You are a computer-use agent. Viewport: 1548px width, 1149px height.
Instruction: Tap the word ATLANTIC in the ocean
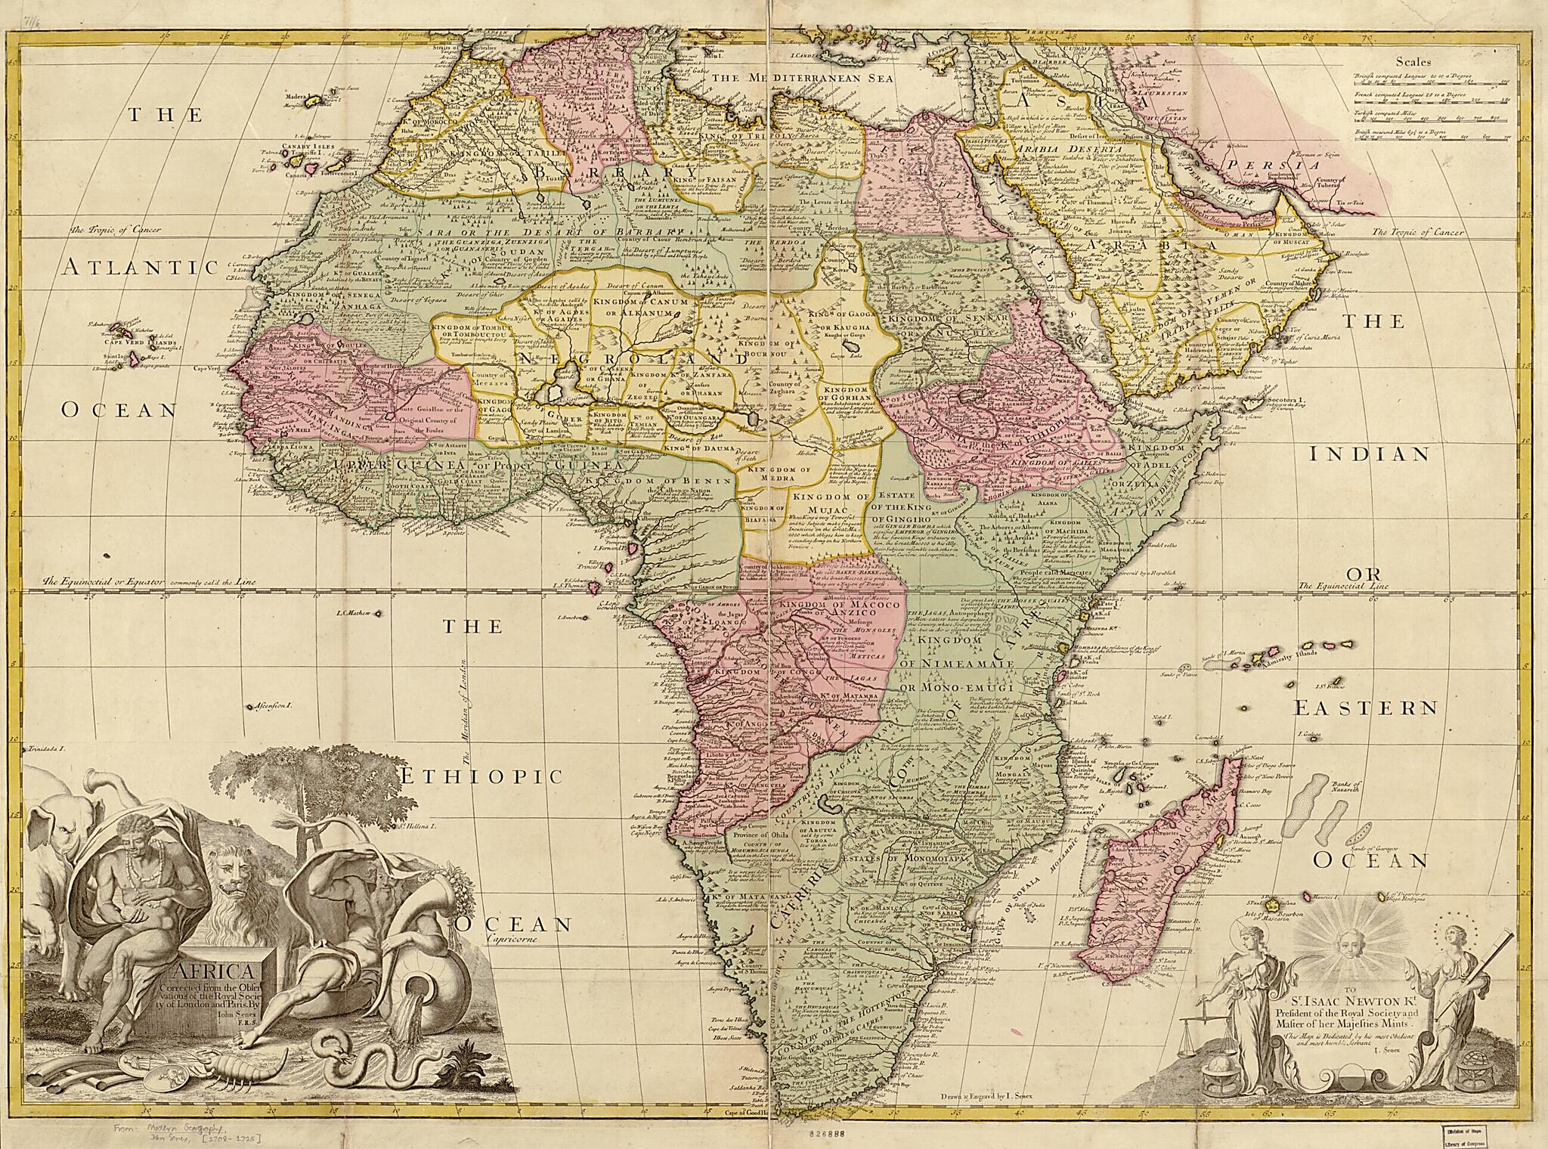click(141, 267)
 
